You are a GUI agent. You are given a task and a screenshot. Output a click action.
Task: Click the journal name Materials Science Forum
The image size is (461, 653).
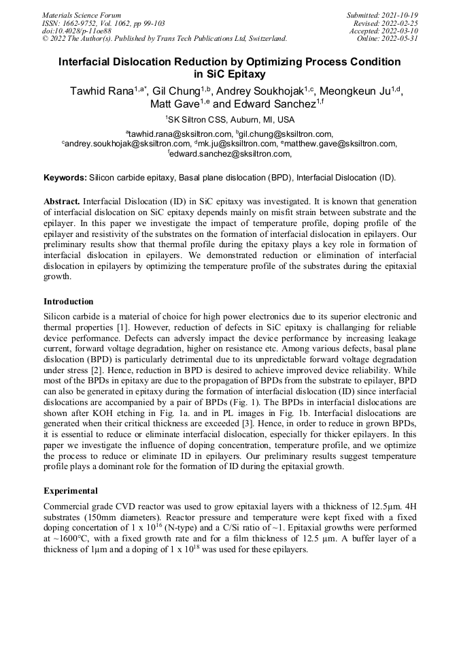pos(82,14)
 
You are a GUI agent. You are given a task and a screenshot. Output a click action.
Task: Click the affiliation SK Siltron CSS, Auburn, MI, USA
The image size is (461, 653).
pos(230,119)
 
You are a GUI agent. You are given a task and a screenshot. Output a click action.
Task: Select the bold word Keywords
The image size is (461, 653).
pos(65,178)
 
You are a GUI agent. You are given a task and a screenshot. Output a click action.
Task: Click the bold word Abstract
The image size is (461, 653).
pos(63,202)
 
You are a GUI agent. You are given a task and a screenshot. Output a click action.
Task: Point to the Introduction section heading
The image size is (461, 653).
pos(69,301)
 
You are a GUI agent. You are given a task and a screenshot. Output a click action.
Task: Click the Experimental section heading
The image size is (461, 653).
pos(71,490)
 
